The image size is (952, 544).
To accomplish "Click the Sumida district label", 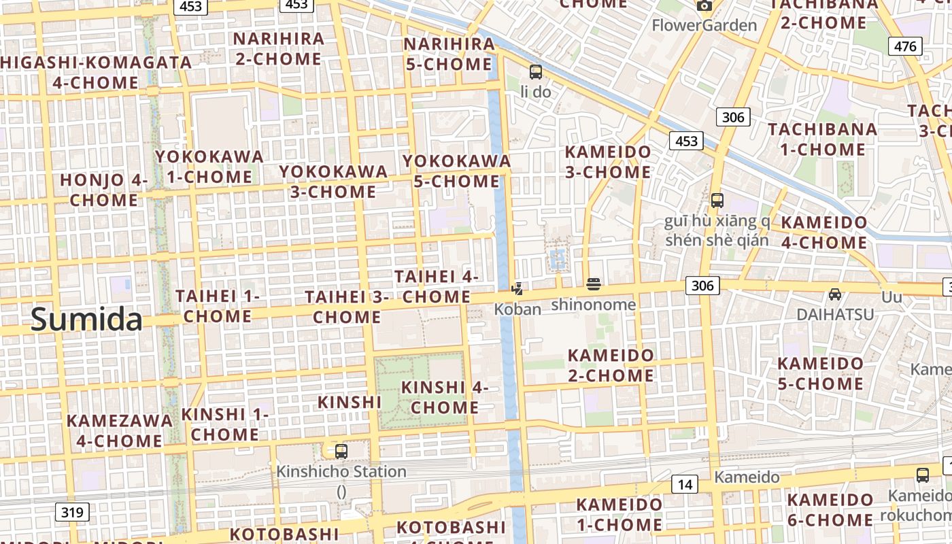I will click(x=86, y=320).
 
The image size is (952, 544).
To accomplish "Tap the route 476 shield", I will click(x=905, y=46).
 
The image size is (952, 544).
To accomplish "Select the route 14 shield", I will click(x=685, y=484).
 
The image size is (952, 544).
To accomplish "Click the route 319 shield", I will click(x=71, y=512).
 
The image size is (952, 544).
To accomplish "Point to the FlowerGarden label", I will click(x=704, y=26).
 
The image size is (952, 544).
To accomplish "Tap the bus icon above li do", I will click(x=536, y=71).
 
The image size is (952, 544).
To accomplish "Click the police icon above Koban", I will click(x=517, y=288).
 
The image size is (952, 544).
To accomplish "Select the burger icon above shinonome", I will click(x=594, y=284).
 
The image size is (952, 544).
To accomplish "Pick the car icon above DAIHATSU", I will click(x=835, y=294).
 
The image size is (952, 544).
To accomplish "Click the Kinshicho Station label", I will click(x=341, y=471).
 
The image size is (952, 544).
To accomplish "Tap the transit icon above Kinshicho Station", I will click(x=341, y=451).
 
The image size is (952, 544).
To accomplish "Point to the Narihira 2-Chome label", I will click(x=279, y=48).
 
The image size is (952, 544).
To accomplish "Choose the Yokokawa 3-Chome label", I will click(x=333, y=182).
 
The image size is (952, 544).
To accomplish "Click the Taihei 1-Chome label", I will click(x=218, y=306).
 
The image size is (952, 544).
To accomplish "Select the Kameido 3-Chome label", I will click(x=608, y=162).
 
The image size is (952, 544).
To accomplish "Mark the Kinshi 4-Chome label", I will click(x=445, y=397).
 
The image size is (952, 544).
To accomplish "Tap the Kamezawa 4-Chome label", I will click(x=119, y=430).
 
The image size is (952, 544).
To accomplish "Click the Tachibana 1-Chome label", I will click(x=822, y=139).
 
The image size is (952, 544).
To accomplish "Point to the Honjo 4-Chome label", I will click(x=104, y=190).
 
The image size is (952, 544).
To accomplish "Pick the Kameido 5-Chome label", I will click(x=820, y=373).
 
